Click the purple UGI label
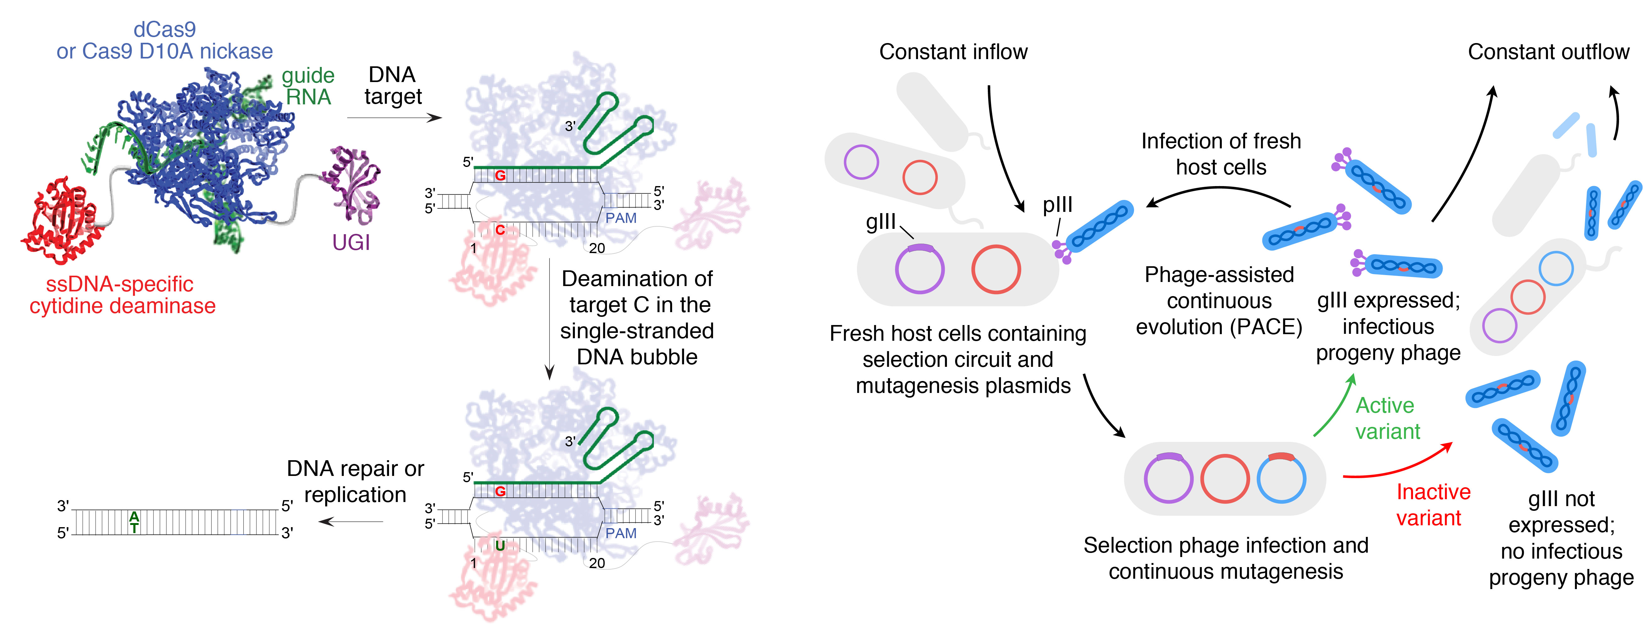click(351, 243)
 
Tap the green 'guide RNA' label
click(308, 86)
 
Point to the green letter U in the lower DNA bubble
click(500, 545)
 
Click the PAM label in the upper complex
click(621, 218)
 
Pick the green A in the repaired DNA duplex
click(134, 516)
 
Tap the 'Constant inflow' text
click(953, 52)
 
